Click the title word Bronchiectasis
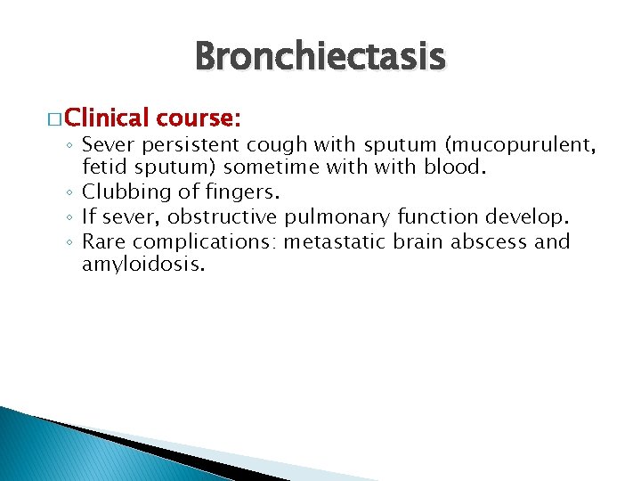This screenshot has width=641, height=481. pyautogui.click(x=320, y=57)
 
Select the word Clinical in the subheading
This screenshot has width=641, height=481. pyautogui.click(x=106, y=118)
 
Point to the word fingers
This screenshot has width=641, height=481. pyautogui.click(x=237, y=192)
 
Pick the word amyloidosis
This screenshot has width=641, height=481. pyautogui.click(x=142, y=265)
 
